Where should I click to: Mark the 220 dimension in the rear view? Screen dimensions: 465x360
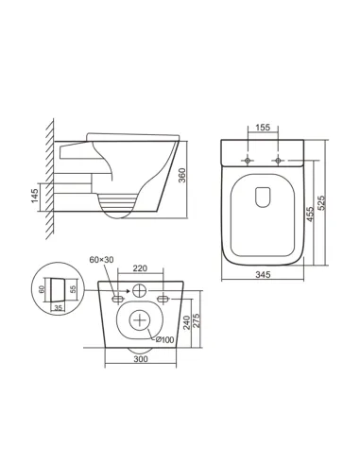[x=141, y=268]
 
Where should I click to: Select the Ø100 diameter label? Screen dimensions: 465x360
[x=164, y=338]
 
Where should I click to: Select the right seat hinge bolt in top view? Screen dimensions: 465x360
[x=279, y=161]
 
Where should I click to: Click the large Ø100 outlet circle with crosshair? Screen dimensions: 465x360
[x=141, y=320]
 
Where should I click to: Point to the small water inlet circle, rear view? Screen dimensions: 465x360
[x=141, y=289]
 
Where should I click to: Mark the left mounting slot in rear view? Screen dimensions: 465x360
[x=117, y=299]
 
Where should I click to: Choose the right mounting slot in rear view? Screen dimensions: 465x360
[x=164, y=299]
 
